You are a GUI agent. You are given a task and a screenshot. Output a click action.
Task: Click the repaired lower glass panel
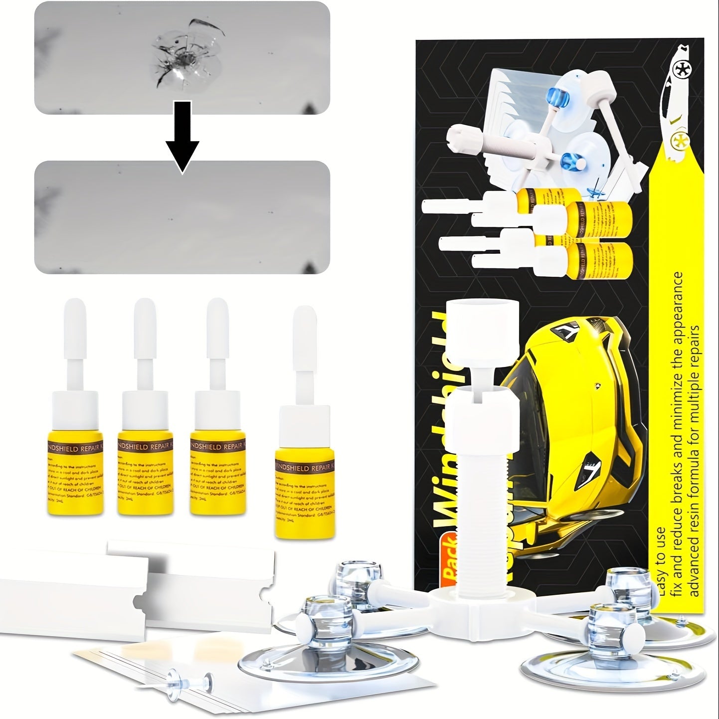click(182, 217)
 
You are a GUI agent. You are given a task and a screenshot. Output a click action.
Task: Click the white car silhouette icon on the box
click(671, 100)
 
